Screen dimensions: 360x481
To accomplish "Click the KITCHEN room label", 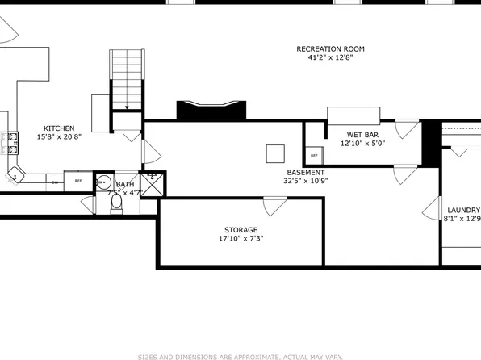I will pyautogui.click(x=59, y=128).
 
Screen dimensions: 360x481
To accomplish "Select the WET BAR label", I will pyautogui.click(x=363, y=134).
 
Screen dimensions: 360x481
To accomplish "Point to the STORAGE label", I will pyautogui.click(x=241, y=229).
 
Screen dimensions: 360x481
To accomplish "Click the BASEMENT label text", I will pyautogui.click(x=306, y=172).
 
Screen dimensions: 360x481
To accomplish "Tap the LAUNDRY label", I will pyautogui.click(x=463, y=209).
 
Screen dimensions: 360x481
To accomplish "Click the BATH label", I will pyautogui.click(x=125, y=185).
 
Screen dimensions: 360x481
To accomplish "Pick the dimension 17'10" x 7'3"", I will pyautogui.click(x=241, y=239).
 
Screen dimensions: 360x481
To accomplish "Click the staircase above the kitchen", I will pyautogui.click(x=126, y=77).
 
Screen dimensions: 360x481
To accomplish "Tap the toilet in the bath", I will pyautogui.click(x=115, y=203).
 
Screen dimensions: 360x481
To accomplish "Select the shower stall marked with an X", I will pyautogui.click(x=153, y=183).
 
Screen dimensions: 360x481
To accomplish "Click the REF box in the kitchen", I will pyautogui.click(x=78, y=182).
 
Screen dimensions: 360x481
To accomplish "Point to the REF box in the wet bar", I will pyautogui.click(x=313, y=155).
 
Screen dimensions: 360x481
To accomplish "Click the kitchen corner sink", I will pyautogui.click(x=16, y=173).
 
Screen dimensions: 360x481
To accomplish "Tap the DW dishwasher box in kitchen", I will pyautogui.click(x=55, y=182).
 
